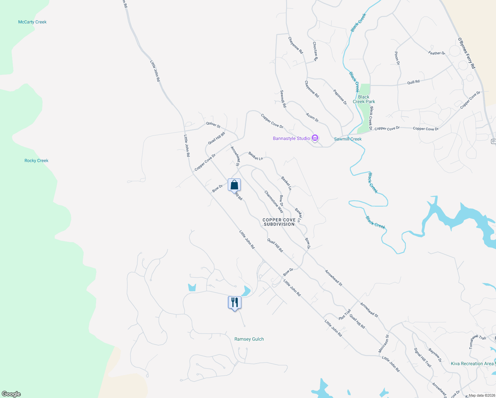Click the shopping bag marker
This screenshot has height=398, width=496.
click(x=234, y=185)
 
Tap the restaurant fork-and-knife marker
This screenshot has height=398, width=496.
click(x=234, y=302)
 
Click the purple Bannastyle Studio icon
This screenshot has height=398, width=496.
click(x=315, y=138)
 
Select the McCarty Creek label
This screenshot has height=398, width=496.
click(x=32, y=22)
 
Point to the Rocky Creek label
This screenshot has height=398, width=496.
click(x=36, y=161)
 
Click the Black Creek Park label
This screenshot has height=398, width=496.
click(x=364, y=99)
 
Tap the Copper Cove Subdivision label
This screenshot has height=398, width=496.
click(x=279, y=222)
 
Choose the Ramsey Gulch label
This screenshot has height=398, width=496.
click(x=249, y=339)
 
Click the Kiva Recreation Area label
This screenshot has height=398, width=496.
click(x=472, y=364)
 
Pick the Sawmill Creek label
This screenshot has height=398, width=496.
click(x=348, y=139)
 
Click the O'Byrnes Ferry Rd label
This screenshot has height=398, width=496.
click(x=466, y=53)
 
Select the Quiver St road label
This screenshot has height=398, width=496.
click(x=213, y=125)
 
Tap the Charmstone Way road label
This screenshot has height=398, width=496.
click(x=274, y=201)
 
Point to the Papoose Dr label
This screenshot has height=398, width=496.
click(x=340, y=98)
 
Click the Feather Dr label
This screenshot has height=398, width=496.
click(x=436, y=53)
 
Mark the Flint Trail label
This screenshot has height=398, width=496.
click(x=345, y=314)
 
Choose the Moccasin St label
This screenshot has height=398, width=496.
click(x=384, y=343)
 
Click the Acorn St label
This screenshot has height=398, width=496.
click(x=312, y=117)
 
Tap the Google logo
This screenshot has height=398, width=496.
click(x=11, y=394)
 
